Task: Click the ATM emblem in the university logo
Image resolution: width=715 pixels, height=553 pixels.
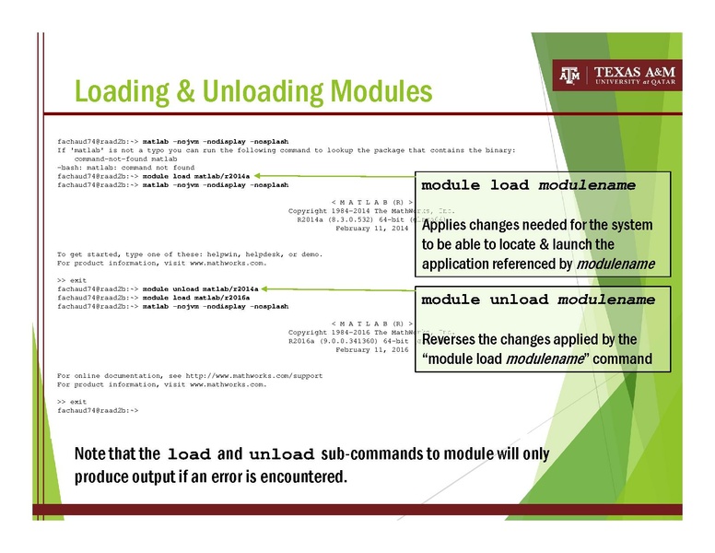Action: click(x=569, y=76)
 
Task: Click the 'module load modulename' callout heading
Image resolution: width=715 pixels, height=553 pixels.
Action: click(x=528, y=185)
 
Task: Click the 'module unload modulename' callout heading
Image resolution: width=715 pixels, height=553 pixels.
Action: click(x=538, y=300)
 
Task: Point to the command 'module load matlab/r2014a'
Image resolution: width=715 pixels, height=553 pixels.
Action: click(x=200, y=175)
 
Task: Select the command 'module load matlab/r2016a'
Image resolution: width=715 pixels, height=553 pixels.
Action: click(x=200, y=297)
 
